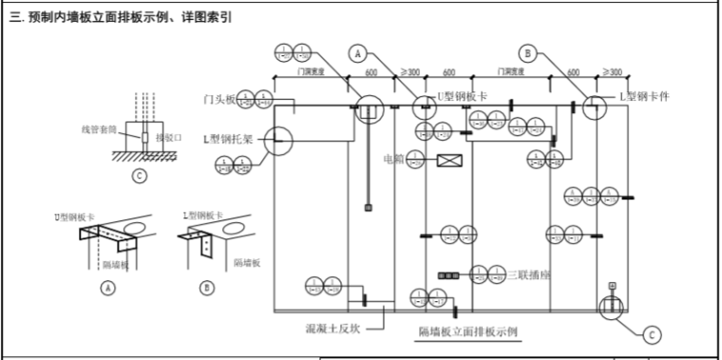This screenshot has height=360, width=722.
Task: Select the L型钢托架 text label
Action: tap(227, 138)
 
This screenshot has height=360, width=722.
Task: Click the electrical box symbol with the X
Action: tap(449, 161)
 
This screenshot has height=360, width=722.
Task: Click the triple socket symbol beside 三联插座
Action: tap(447, 275)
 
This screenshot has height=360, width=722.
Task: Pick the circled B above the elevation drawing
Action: tap(529, 53)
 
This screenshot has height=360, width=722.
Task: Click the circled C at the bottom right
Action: tap(651, 333)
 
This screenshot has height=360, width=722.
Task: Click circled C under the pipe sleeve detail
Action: tap(140, 175)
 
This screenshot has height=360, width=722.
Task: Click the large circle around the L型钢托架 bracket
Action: tap(277, 142)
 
